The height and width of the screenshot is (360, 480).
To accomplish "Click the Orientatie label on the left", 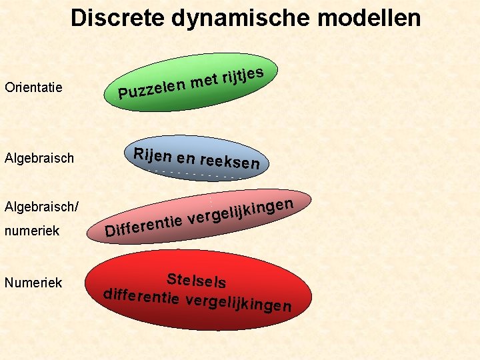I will [33, 87].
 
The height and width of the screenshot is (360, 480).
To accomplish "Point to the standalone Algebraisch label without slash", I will [39, 159].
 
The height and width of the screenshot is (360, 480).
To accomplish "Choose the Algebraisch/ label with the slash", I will [41, 207].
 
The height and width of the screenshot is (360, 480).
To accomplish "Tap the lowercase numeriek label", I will [32, 231].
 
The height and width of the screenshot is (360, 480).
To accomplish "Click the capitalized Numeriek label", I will [33, 283].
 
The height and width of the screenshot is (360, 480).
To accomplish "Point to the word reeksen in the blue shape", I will [230, 162].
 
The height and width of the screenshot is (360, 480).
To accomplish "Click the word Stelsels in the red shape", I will [197, 281].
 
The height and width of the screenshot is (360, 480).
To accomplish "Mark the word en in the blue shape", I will [187, 159].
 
